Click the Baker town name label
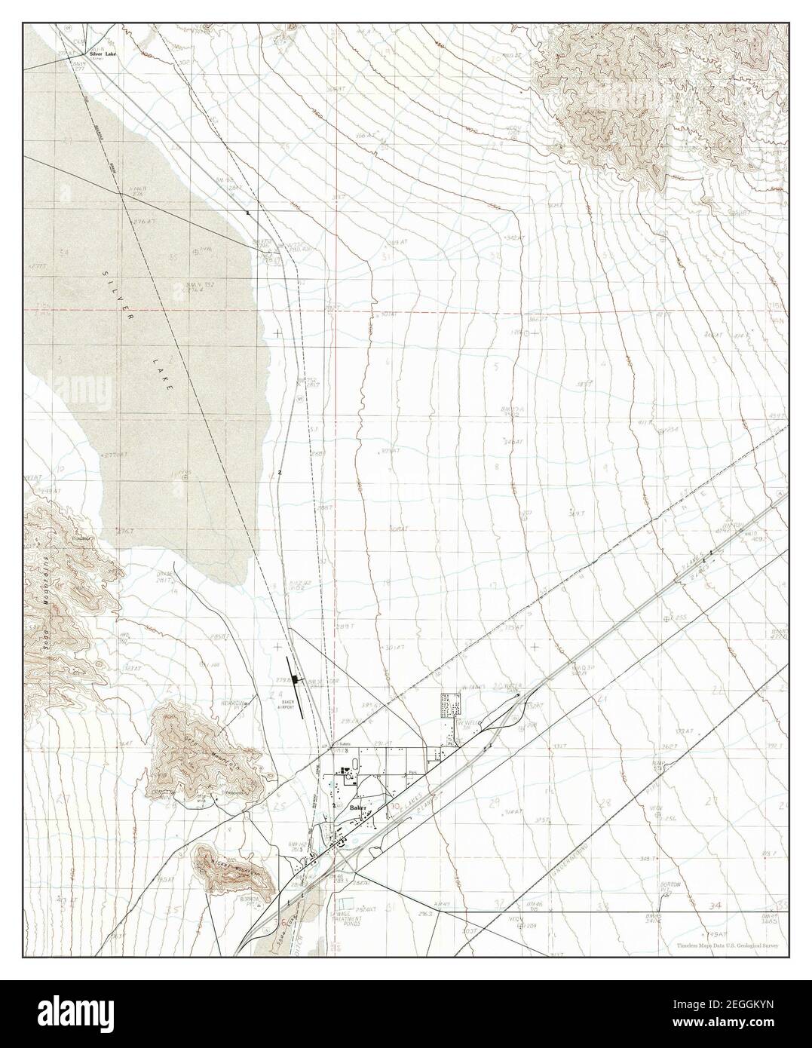pyautogui.click(x=358, y=807)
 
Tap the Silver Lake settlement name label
pyautogui.click(x=104, y=55)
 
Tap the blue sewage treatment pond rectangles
pyautogui.click(x=346, y=902)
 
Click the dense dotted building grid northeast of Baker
pyautogui.click(x=451, y=706)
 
